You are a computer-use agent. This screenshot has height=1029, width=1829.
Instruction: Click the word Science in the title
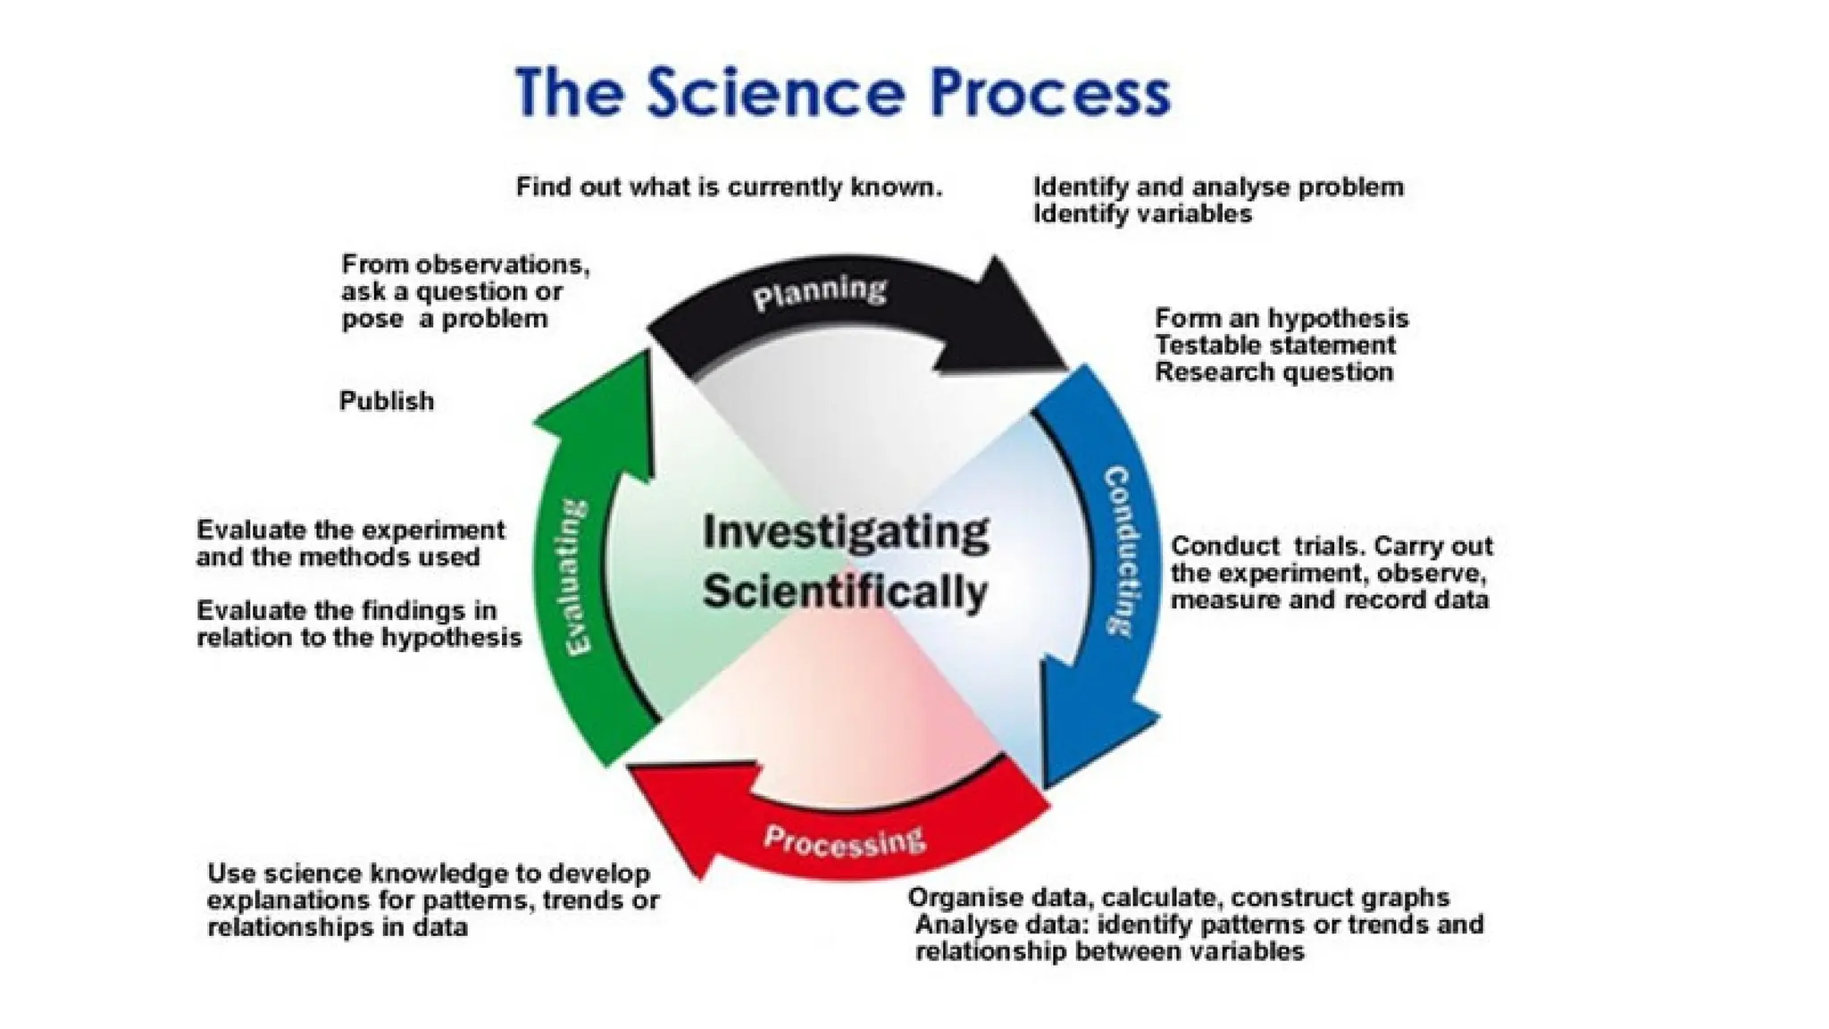click(774, 93)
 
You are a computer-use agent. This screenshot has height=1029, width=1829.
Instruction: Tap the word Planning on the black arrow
click(819, 293)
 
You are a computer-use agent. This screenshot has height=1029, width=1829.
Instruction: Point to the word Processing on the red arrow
click(844, 841)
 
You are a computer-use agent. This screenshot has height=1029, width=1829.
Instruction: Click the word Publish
click(387, 401)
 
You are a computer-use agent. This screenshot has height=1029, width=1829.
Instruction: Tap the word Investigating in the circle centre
click(845, 533)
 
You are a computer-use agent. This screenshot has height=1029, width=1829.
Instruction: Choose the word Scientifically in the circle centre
click(845, 592)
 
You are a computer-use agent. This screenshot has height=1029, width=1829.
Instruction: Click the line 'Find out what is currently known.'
click(729, 188)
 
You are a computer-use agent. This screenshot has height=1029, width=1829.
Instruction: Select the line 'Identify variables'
click(1142, 214)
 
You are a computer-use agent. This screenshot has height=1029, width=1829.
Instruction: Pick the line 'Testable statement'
click(1274, 346)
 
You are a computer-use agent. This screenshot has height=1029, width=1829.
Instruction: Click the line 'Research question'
click(1274, 372)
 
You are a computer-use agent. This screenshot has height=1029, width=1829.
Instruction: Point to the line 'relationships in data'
click(338, 927)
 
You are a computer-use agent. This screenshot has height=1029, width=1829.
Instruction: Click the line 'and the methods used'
click(338, 557)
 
